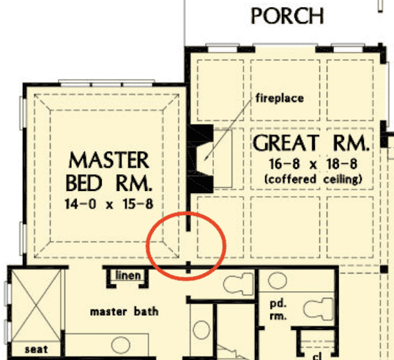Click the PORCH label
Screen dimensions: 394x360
coord(288,16)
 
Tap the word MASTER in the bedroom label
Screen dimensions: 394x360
coord(109,160)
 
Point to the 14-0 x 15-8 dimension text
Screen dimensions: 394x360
coord(109,204)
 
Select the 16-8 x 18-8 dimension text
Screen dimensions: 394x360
coord(313,164)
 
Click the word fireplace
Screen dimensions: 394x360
coord(280,98)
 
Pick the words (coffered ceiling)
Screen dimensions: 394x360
coord(313,179)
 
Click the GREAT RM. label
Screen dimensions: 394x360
coord(311,143)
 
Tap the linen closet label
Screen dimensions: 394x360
coord(128,275)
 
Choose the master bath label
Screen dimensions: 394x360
coord(124,312)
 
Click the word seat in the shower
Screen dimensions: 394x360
coord(36,349)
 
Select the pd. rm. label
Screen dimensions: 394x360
coord(278,310)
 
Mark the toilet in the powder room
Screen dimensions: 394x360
coord(319,309)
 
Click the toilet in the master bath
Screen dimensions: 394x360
coord(238,283)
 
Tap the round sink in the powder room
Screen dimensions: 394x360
coord(278,280)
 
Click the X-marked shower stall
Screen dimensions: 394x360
coord(36,306)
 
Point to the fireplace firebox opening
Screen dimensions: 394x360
coord(204,158)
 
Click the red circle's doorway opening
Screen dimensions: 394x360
coord(188,246)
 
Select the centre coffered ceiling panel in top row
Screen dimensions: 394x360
coord(285,90)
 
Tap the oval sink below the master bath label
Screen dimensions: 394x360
coord(121,345)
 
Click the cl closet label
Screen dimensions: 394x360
coord(317,356)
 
